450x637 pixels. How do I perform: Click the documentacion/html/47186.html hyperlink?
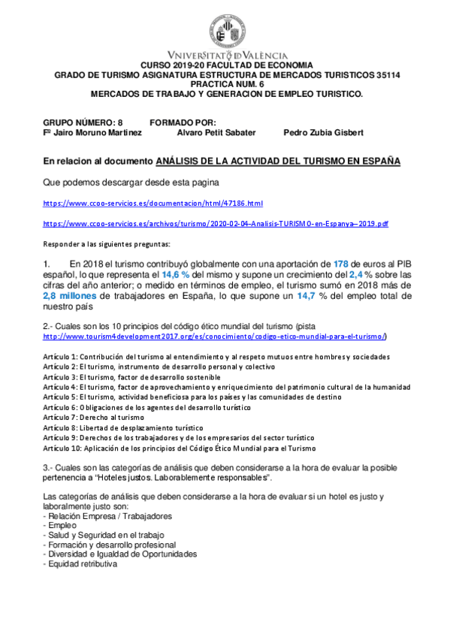153,204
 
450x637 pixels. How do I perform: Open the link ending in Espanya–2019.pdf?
216,224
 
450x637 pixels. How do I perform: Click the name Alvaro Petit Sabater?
216,132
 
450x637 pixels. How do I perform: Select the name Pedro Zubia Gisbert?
323,132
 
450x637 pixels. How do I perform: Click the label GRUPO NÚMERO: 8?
83,122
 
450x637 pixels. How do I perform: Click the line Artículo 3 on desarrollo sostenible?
131,376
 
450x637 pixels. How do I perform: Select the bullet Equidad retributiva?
81,563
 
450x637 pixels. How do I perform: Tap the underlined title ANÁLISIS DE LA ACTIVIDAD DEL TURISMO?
278,162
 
